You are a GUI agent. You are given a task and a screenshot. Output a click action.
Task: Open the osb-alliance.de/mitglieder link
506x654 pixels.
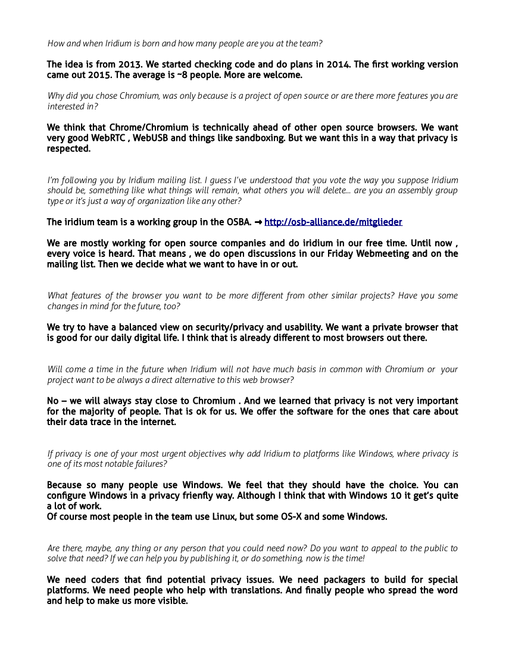pos(333,222)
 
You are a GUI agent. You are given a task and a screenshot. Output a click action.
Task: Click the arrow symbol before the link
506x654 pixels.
pos(258,222)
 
